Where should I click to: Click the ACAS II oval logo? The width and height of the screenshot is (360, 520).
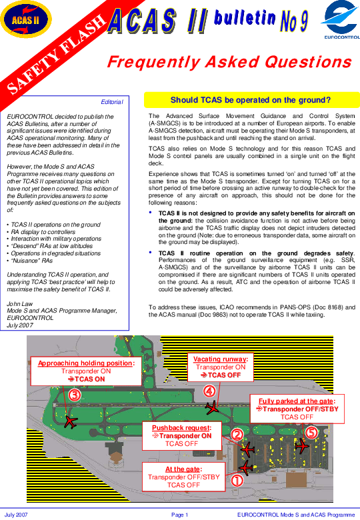tap(26, 19)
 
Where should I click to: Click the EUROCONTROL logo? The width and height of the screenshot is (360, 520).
tap(341, 20)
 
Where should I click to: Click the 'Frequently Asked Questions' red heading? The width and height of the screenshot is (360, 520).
tap(229, 62)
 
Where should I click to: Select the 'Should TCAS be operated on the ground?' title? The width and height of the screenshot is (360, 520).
tap(251, 100)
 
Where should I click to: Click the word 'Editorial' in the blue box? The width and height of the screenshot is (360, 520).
tap(112, 102)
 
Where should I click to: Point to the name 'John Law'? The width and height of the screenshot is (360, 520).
tap(20, 303)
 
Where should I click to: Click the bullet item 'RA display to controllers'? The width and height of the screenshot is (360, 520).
tap(43, 232)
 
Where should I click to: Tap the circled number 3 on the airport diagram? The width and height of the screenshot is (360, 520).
tap(75, 395)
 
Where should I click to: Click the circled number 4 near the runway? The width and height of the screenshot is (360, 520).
tap(209, 391)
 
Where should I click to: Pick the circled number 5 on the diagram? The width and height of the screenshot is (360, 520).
tap(311, 432)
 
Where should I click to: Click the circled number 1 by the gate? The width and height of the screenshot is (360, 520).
tap(237, 481)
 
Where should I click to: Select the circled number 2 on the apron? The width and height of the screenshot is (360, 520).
tap(237, 435)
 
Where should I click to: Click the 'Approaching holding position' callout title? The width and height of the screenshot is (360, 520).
tap(86, 363)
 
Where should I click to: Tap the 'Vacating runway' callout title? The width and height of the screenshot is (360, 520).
tap(221, 359)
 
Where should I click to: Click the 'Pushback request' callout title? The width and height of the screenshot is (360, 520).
tap(181, 428)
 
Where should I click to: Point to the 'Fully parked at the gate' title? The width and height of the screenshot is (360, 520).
tap(297, 401)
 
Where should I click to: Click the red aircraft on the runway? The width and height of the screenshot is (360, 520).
tap(212, 407)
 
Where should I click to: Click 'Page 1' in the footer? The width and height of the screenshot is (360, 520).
tap(180, 515)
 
